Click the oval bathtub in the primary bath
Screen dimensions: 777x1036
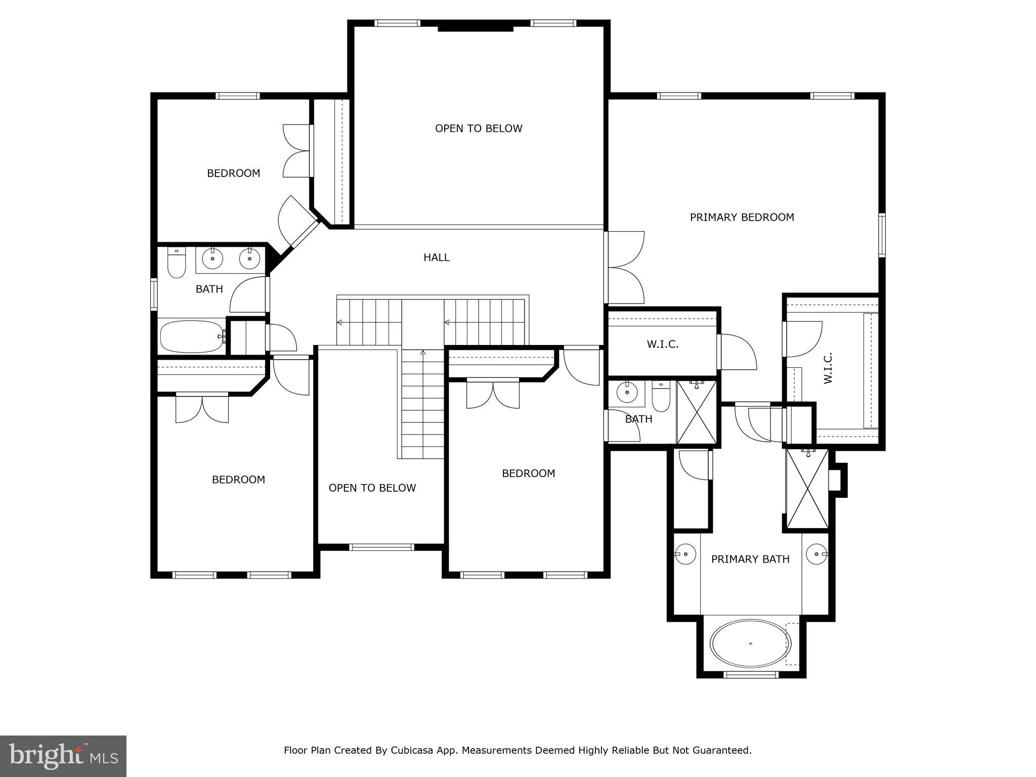point(750,643)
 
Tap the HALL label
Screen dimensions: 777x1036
point(436,257)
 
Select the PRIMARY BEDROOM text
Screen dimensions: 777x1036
point(742,218)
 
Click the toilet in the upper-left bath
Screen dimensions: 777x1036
point(176,263)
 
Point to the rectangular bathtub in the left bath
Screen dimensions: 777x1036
point(192,336)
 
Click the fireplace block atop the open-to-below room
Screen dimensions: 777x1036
point(475,27)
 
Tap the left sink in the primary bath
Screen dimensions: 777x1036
point(685,554)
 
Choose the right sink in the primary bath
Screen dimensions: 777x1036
point(816,554)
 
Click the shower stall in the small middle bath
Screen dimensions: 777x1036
point(697,412)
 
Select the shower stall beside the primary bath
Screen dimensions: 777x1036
point(807,489)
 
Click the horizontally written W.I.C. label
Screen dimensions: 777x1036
point(662,344)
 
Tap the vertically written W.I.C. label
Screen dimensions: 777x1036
point(828,368)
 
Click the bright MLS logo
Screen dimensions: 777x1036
point(63,756)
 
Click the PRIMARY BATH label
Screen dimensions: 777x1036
point(750,559)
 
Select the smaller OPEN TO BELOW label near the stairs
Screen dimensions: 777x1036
point(372,488)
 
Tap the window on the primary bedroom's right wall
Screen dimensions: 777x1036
point(882,235)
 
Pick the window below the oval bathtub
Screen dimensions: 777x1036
point(751,674)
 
